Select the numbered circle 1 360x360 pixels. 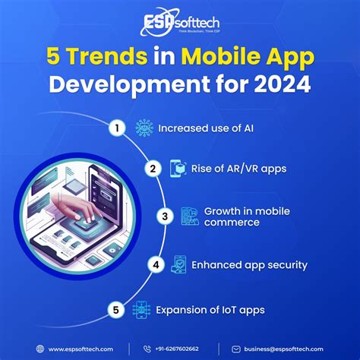pyautogui.click(x=116, y=128)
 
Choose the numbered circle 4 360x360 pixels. pyautogui.click(x=155, y=265)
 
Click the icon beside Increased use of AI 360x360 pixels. pyautogui.click(x=144, y=128)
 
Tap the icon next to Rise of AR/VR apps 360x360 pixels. pyautogui.click(x=178, y=168)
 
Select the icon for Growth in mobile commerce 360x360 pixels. pyautogui.click(x=190, y=216)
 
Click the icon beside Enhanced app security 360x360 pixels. pyautogui.click(x=180, y=265)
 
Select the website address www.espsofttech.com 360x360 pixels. pyautogui.click(x=83, y=349)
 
